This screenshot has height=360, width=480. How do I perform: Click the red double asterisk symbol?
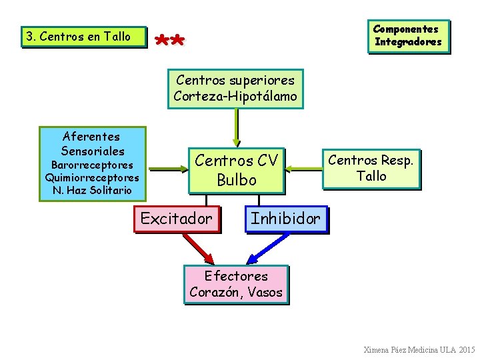[x=169, y=41]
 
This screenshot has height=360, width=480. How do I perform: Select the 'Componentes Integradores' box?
[x=408, y=35]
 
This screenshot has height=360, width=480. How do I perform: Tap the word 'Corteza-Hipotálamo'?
[x=235, y=96]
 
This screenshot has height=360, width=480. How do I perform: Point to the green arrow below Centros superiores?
[x=235, y=127]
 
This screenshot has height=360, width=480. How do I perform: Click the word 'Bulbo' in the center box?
[x=236, y=180]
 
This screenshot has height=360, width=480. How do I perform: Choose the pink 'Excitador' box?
[x=177, y=219]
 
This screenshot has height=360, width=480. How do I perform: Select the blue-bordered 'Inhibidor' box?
[x=286, y=219]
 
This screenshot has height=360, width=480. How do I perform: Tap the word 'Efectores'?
[x=236, y=276]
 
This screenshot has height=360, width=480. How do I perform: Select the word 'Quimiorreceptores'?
[x=92, y=178]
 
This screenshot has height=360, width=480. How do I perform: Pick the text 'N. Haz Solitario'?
[x=92, y=191]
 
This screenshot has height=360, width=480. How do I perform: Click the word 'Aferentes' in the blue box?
[x=91, y=136]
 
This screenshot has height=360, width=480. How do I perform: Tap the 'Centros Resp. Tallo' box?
[x=371, y=168]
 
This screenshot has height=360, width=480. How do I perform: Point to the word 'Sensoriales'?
[x=92, y=151]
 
